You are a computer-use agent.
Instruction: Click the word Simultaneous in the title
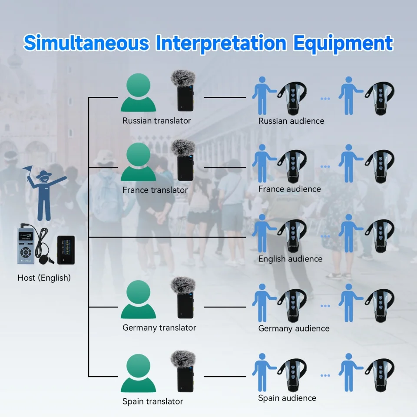(x=86, y=43)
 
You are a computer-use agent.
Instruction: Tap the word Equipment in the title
(x=343, y=43)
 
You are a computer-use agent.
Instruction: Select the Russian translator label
(x=157, y=121)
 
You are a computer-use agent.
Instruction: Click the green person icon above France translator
(x=138, y=162)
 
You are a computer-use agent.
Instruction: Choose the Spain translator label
(x=152, y=401)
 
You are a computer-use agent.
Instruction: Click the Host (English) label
(x=44, y=278)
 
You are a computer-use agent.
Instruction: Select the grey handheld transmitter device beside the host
(x=26, y=245)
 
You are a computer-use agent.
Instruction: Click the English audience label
(x=290, y=259)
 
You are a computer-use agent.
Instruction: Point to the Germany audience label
(x=294, y=328)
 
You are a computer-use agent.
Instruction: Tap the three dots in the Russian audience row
(x=325, y=99)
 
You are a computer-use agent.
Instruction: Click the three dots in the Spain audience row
(x=325, y=375)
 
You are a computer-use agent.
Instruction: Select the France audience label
(x=289, y=189)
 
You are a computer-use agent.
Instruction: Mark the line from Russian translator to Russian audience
(x=225, y=97)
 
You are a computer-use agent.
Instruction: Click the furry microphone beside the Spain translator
(x=183, y=371)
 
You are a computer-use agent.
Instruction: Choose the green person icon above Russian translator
(x=138, y=93)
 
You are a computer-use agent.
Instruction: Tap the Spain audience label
(x=287, y=398)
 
